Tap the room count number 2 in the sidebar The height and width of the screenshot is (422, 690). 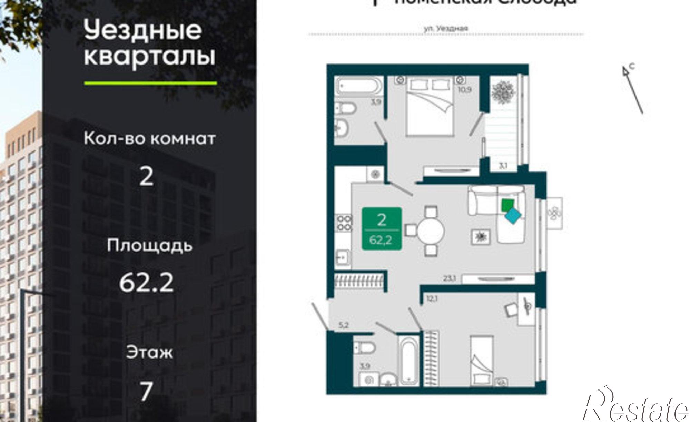coord(146,177)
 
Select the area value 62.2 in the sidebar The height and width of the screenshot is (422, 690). coord(146,283)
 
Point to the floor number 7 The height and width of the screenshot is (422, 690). coord(146,391)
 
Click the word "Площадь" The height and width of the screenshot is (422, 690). coord(149,246)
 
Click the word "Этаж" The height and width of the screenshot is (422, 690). coord(149,353)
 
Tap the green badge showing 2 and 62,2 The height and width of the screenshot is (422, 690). coord(382,228)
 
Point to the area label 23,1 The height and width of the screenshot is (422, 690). coord(450,278)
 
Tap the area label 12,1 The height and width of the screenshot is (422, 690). coord(431,299)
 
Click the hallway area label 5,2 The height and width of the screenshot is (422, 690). coord(343,325)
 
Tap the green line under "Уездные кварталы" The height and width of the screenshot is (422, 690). coord(150,83)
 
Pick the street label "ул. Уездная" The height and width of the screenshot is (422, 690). coord(446,29)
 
